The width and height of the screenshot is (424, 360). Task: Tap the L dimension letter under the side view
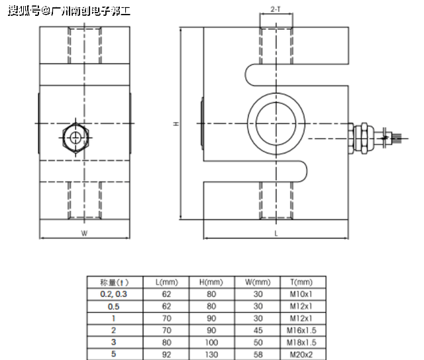[x=275, y=234]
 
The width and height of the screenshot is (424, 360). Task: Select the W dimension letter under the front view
[x=84, y=233]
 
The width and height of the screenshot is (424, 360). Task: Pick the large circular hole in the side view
[x=276, y=123]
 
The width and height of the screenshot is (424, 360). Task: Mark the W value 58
[x=258, y=354]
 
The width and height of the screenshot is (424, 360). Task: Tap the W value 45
[x=258, y=330]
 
